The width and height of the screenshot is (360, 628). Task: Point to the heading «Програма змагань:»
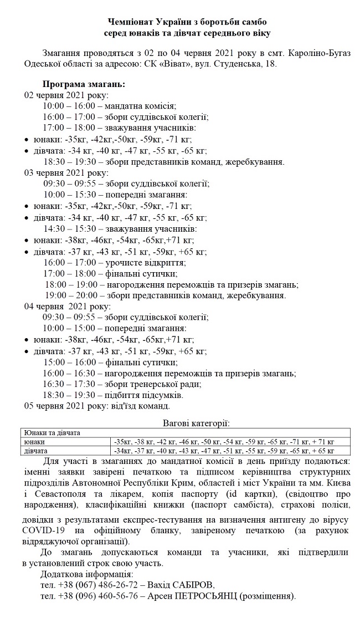[84, 85]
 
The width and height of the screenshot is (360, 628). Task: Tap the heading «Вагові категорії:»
[196, 423]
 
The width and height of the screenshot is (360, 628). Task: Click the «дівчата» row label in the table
[35, 451]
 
